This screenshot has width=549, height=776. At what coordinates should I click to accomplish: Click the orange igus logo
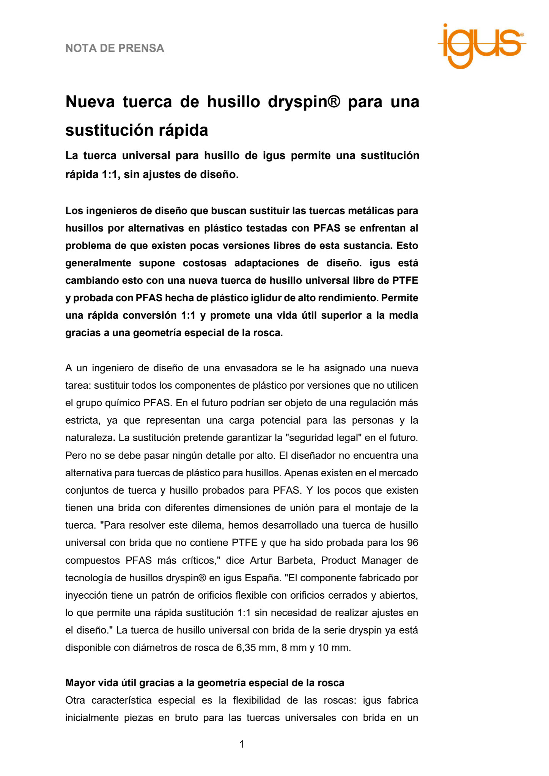click(x=481, y=45)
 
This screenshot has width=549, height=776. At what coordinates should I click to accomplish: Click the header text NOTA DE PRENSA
click(x=115, y=48)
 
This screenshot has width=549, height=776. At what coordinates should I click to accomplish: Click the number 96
click(x=412, y=543)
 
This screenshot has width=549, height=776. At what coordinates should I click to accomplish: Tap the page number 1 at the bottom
click(x=242, y=745)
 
